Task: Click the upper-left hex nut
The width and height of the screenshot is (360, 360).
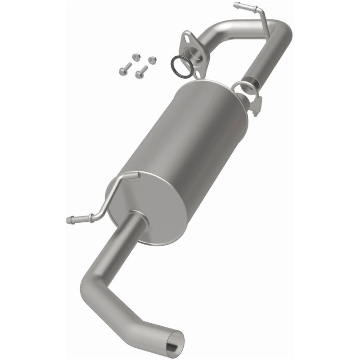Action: coord(135,56)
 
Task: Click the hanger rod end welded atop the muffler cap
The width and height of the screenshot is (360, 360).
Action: coord(137,174)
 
